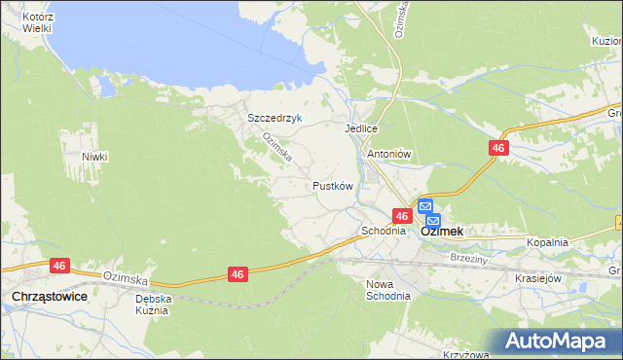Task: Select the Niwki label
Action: (94, 157)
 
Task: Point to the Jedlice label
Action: (360, 128)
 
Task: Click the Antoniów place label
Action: (390, 154)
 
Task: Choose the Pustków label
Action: (331, 185)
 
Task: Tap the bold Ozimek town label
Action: (441, 233)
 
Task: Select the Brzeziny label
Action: (470, 258)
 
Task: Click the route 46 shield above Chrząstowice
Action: (59, 265)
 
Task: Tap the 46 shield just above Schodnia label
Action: (400, 215)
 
